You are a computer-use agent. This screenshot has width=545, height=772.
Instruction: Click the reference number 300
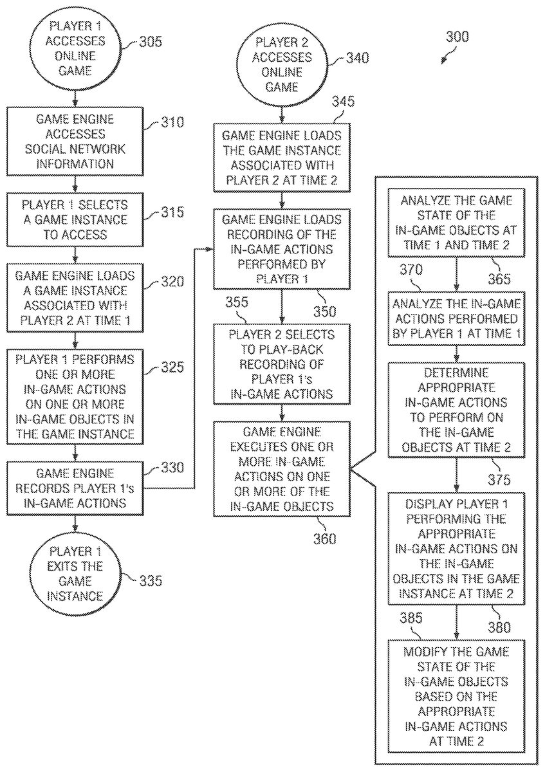tap(457, 37)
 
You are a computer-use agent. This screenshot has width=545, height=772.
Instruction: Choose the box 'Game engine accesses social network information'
tap(75, 142)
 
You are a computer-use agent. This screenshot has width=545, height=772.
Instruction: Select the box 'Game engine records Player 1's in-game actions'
tap(75, 487)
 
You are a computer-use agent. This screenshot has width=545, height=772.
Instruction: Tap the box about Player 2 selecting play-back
tap(282, 364)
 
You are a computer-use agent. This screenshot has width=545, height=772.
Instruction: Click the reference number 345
tap(342, 102)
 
